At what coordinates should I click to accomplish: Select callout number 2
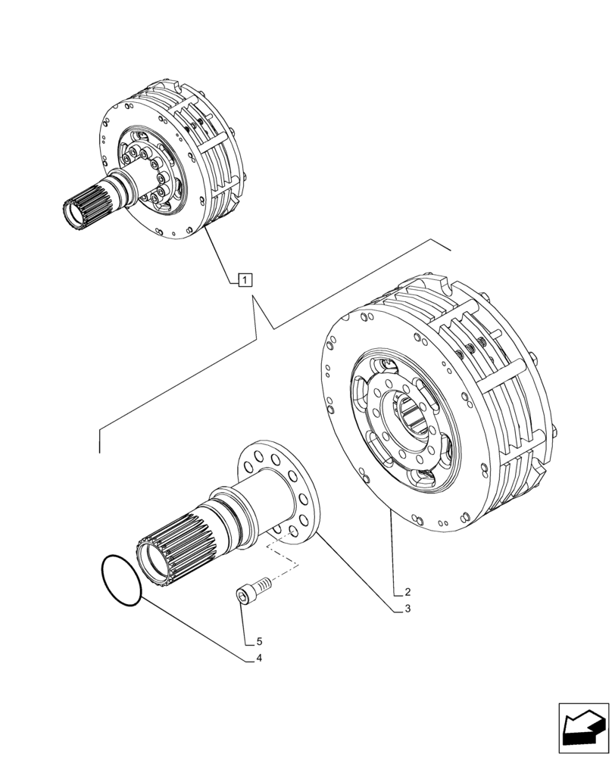[407, 591]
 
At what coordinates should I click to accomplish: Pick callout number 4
[258, 658]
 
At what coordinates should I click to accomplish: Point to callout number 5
[258, 640]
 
